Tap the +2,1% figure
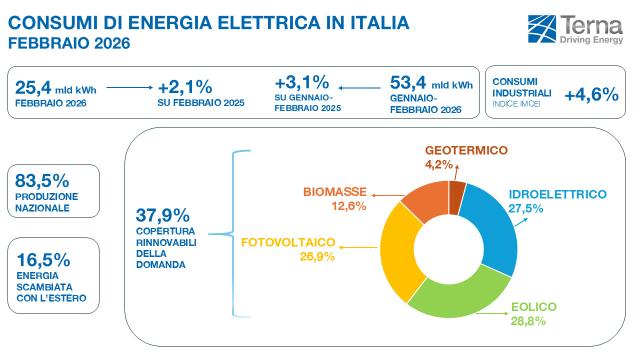coord(185,87)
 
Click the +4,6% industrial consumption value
coord(589,96)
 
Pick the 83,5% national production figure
coord(42,181)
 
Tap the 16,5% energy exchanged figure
coord(42,256)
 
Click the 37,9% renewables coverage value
coord(161,215)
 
